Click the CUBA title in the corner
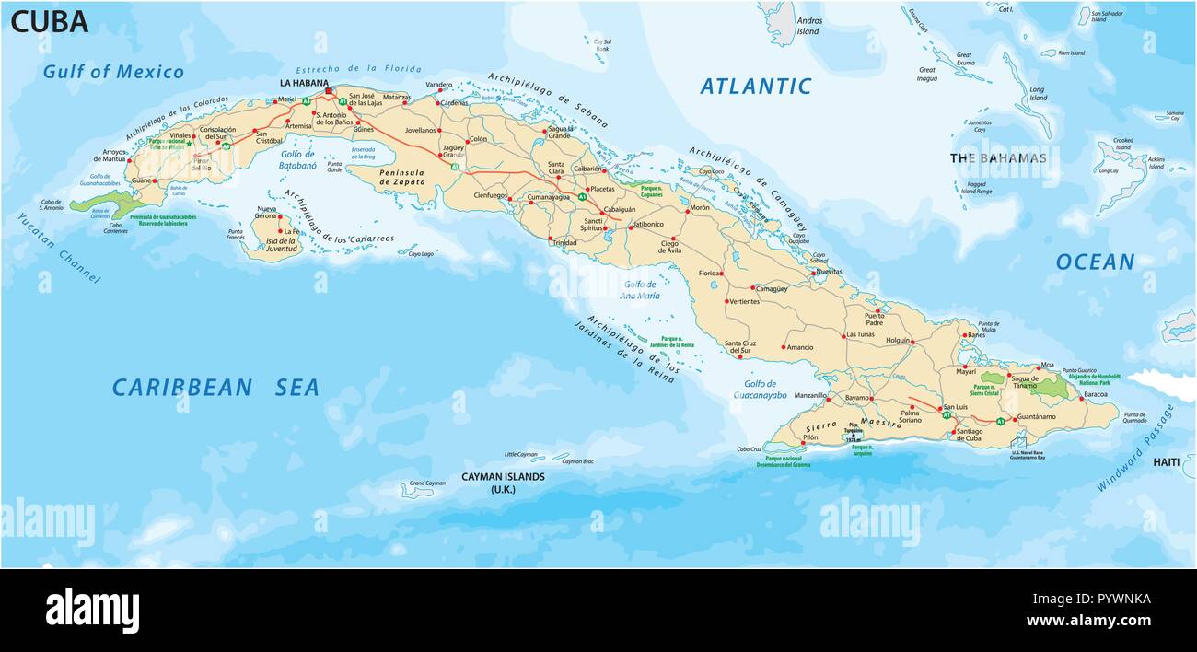point(50,22)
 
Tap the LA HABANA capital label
point(303,83)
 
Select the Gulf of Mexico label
point(113,72)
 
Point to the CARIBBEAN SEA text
point(215,388)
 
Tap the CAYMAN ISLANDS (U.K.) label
point(503,483)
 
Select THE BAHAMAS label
point(998,158)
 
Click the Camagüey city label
point(771,288)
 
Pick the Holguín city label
point(898,340)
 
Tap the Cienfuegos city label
point(490,195)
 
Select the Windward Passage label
point(1135,448)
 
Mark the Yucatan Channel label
point(59,247)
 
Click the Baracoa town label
point(1095,394)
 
